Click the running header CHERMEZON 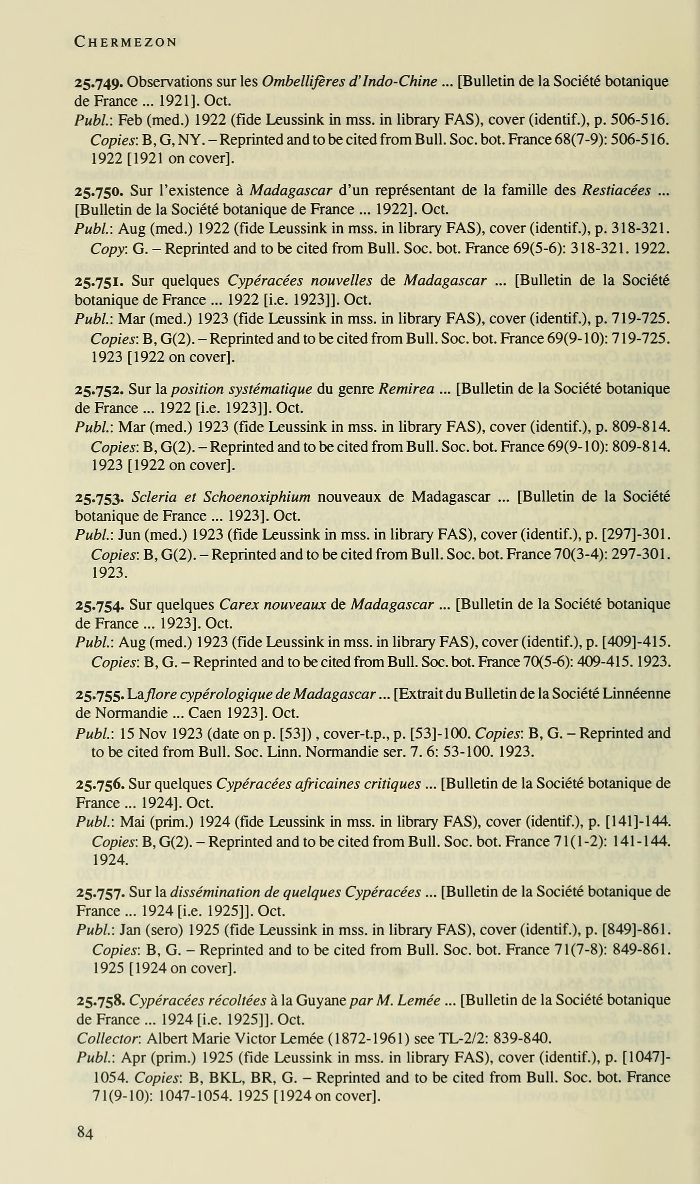[x=125, y=42]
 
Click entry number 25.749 [x=99, y=82]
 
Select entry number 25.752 [x=99, y=389]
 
